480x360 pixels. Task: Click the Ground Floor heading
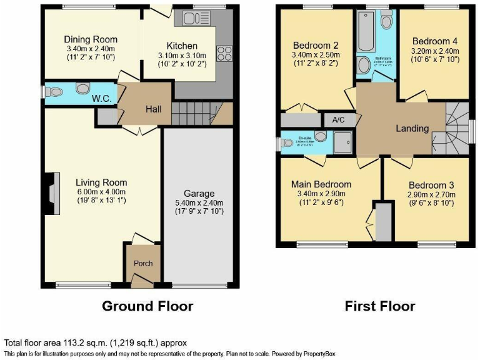147,306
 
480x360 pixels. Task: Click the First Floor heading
379,306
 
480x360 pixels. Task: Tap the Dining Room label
92,39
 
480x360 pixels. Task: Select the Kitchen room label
182,46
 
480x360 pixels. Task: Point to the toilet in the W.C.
56,92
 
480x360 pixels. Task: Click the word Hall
154,109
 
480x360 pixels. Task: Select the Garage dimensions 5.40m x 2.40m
199,202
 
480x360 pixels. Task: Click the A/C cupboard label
339,119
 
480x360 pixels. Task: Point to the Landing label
412,128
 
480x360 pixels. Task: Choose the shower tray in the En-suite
342,143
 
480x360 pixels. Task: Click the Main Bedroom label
321,184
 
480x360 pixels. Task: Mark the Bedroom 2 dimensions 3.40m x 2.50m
316,54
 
